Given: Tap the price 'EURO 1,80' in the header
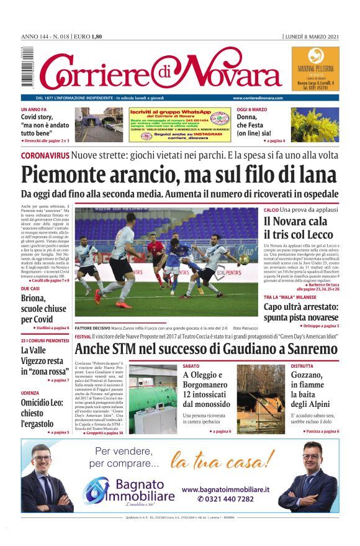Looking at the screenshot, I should (x=89, y=37).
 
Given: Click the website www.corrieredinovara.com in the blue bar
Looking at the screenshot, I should (x=258, y=98).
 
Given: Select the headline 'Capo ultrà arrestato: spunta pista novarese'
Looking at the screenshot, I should (x=301, y=312).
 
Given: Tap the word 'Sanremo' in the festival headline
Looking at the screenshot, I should (x=308, y=348).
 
